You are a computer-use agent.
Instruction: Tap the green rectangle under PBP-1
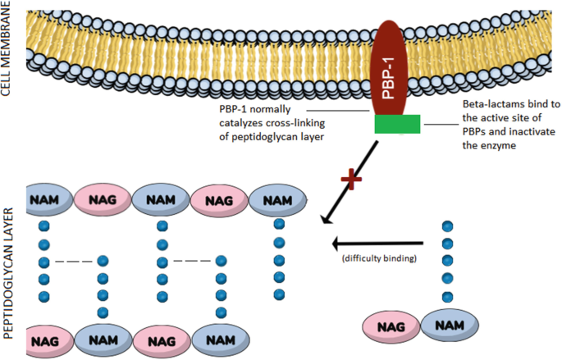click(397, 124)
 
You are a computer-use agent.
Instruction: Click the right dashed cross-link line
click(190, 262)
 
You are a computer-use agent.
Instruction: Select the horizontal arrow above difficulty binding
click(377, 243)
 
